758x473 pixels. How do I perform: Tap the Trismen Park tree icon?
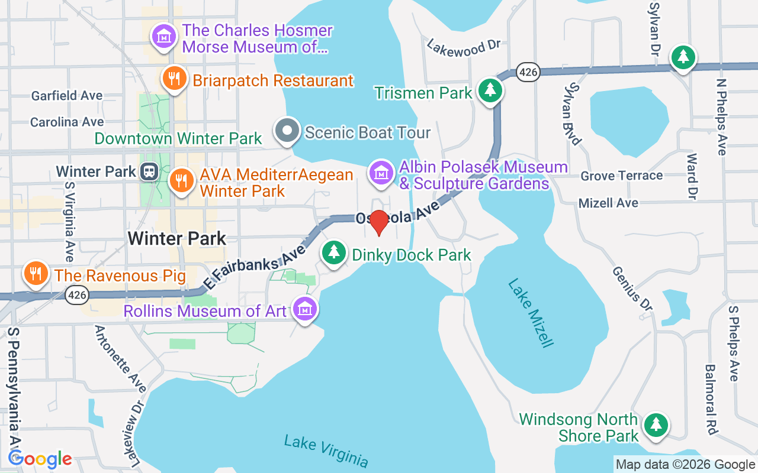click(490, 90)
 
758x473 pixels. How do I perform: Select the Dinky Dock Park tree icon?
click(334, 252)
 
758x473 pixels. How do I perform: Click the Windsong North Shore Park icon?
click(655, 425)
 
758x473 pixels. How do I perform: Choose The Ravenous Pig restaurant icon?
click(36, 273)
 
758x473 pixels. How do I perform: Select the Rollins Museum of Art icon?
click(306, 309)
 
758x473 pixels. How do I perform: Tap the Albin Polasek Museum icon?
click(382, 173)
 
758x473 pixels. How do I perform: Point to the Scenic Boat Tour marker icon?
click(288, 131)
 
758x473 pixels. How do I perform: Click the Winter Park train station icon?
click(148, 172)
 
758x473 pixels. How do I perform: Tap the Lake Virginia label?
click(326, 451)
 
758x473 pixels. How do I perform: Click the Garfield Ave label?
click(67, 95)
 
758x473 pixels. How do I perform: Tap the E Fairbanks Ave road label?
click(254, 267)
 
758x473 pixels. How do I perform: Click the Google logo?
click(40, 459)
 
